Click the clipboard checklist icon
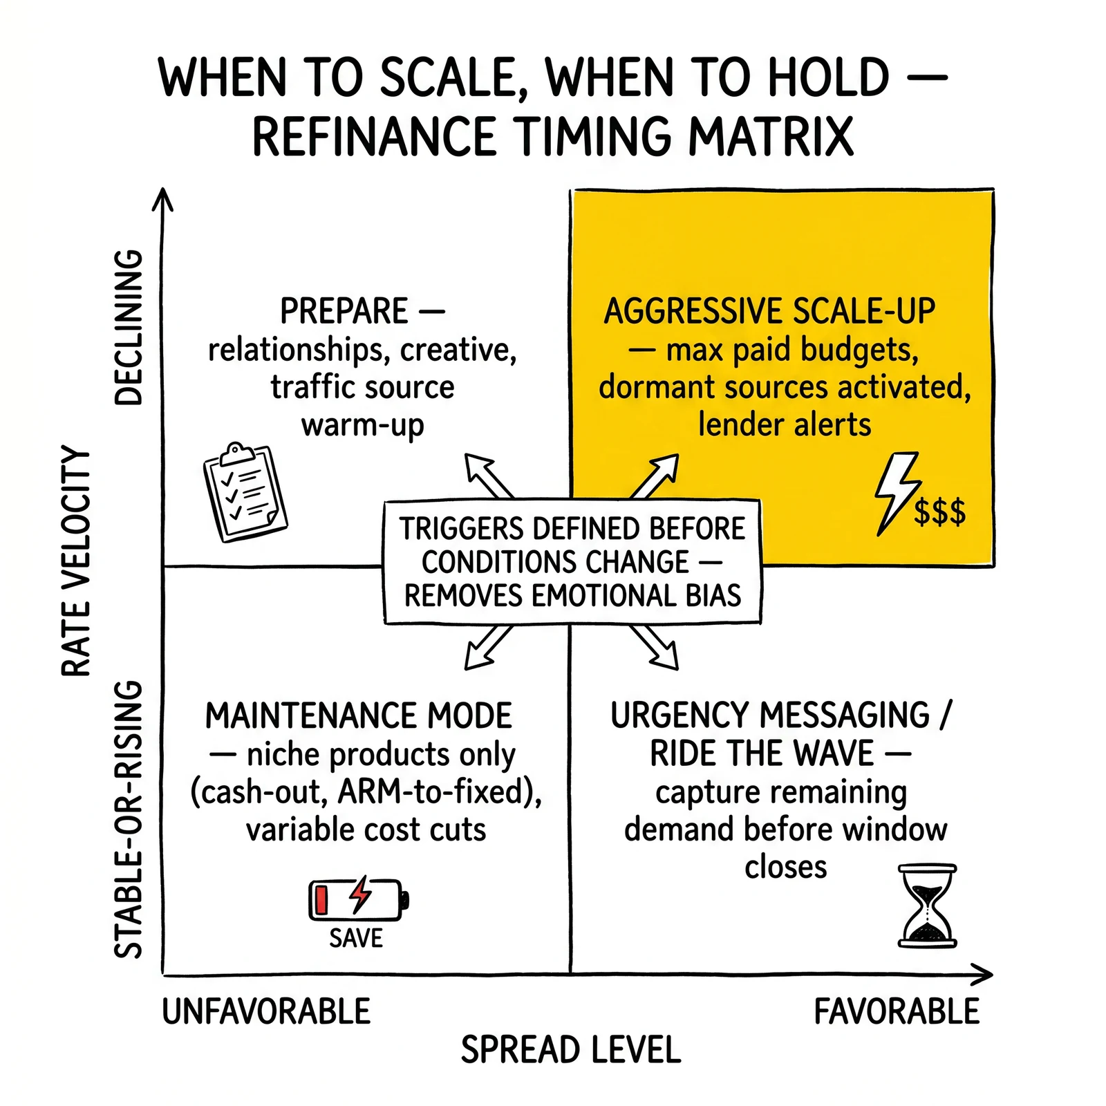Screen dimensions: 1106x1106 coord(245,492)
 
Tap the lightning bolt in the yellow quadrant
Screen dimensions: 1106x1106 coord(896,494)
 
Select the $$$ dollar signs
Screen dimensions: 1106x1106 coord(940,512)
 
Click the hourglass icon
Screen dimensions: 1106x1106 coord(927,905)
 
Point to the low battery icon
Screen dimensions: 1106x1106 coord(359,899)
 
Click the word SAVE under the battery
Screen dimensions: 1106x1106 coord(356,938)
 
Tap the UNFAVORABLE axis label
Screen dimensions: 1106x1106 coord(266,1011)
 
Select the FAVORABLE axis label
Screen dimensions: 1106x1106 coord(897,1011)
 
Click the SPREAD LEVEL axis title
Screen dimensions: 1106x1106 coord(571,1050)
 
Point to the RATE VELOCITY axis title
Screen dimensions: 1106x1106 coord(76,561)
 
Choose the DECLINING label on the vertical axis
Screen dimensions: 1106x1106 coord(128,327)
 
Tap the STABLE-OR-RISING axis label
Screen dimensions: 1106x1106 coord(128,819)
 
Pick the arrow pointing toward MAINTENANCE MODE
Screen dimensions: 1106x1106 coord(488,648)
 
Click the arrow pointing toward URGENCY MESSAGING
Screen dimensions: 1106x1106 coord(654,648)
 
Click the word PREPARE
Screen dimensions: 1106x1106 coord(344,311)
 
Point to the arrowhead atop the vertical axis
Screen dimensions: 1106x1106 coord(162,198)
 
